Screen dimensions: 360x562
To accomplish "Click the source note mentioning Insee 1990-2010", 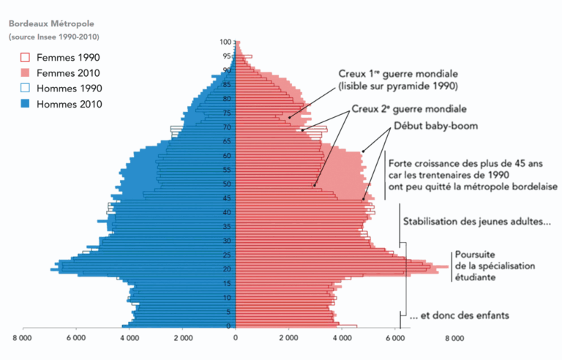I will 54,37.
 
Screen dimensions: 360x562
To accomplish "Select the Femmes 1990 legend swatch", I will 24,57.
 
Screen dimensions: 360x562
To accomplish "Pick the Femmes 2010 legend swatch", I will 24,73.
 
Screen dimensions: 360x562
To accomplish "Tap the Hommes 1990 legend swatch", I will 24,89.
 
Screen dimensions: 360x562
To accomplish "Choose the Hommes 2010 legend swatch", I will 24,104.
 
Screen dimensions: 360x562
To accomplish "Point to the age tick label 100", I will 227,42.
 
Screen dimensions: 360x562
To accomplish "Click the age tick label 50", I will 227,184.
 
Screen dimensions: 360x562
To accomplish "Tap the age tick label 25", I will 227,255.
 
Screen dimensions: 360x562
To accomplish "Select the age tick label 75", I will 227,113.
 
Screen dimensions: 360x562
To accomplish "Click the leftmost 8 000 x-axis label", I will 23,339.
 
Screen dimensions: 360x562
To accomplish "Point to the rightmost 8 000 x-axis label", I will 454,339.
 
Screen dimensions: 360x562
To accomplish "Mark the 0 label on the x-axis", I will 236,339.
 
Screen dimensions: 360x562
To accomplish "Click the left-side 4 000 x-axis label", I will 130,339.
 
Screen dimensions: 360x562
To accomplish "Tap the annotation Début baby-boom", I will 435,126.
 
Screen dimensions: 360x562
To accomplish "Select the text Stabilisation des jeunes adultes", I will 473,220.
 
